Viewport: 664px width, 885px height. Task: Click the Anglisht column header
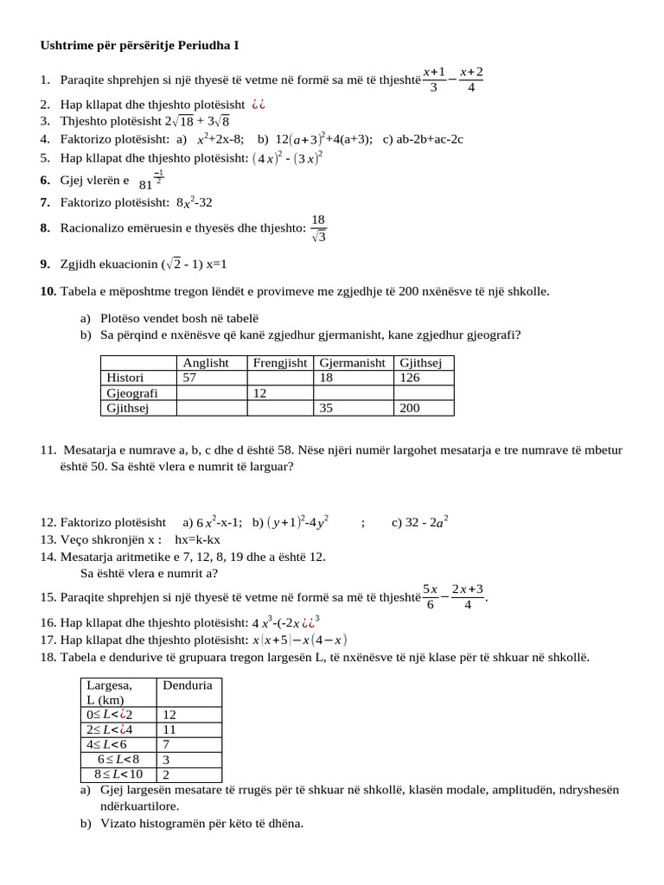click(206, 363)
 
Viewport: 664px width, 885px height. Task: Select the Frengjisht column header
click(279, 363)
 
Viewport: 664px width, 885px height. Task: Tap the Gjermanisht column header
click(352, 363)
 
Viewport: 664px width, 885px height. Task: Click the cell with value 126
click(411, 378)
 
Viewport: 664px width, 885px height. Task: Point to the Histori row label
click(125, 378)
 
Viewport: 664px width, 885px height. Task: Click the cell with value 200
click(410, 408)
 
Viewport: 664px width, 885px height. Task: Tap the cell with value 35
click(327, 408)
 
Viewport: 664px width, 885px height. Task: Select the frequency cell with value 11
click(169, 729)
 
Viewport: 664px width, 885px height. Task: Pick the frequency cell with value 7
click(167, 744)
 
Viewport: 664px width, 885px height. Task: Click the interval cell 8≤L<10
click(118, 774)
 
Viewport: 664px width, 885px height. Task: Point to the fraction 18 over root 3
click(318, 229)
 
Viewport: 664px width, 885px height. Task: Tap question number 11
click(48, 450)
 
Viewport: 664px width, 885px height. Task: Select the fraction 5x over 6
click(431, 595)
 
